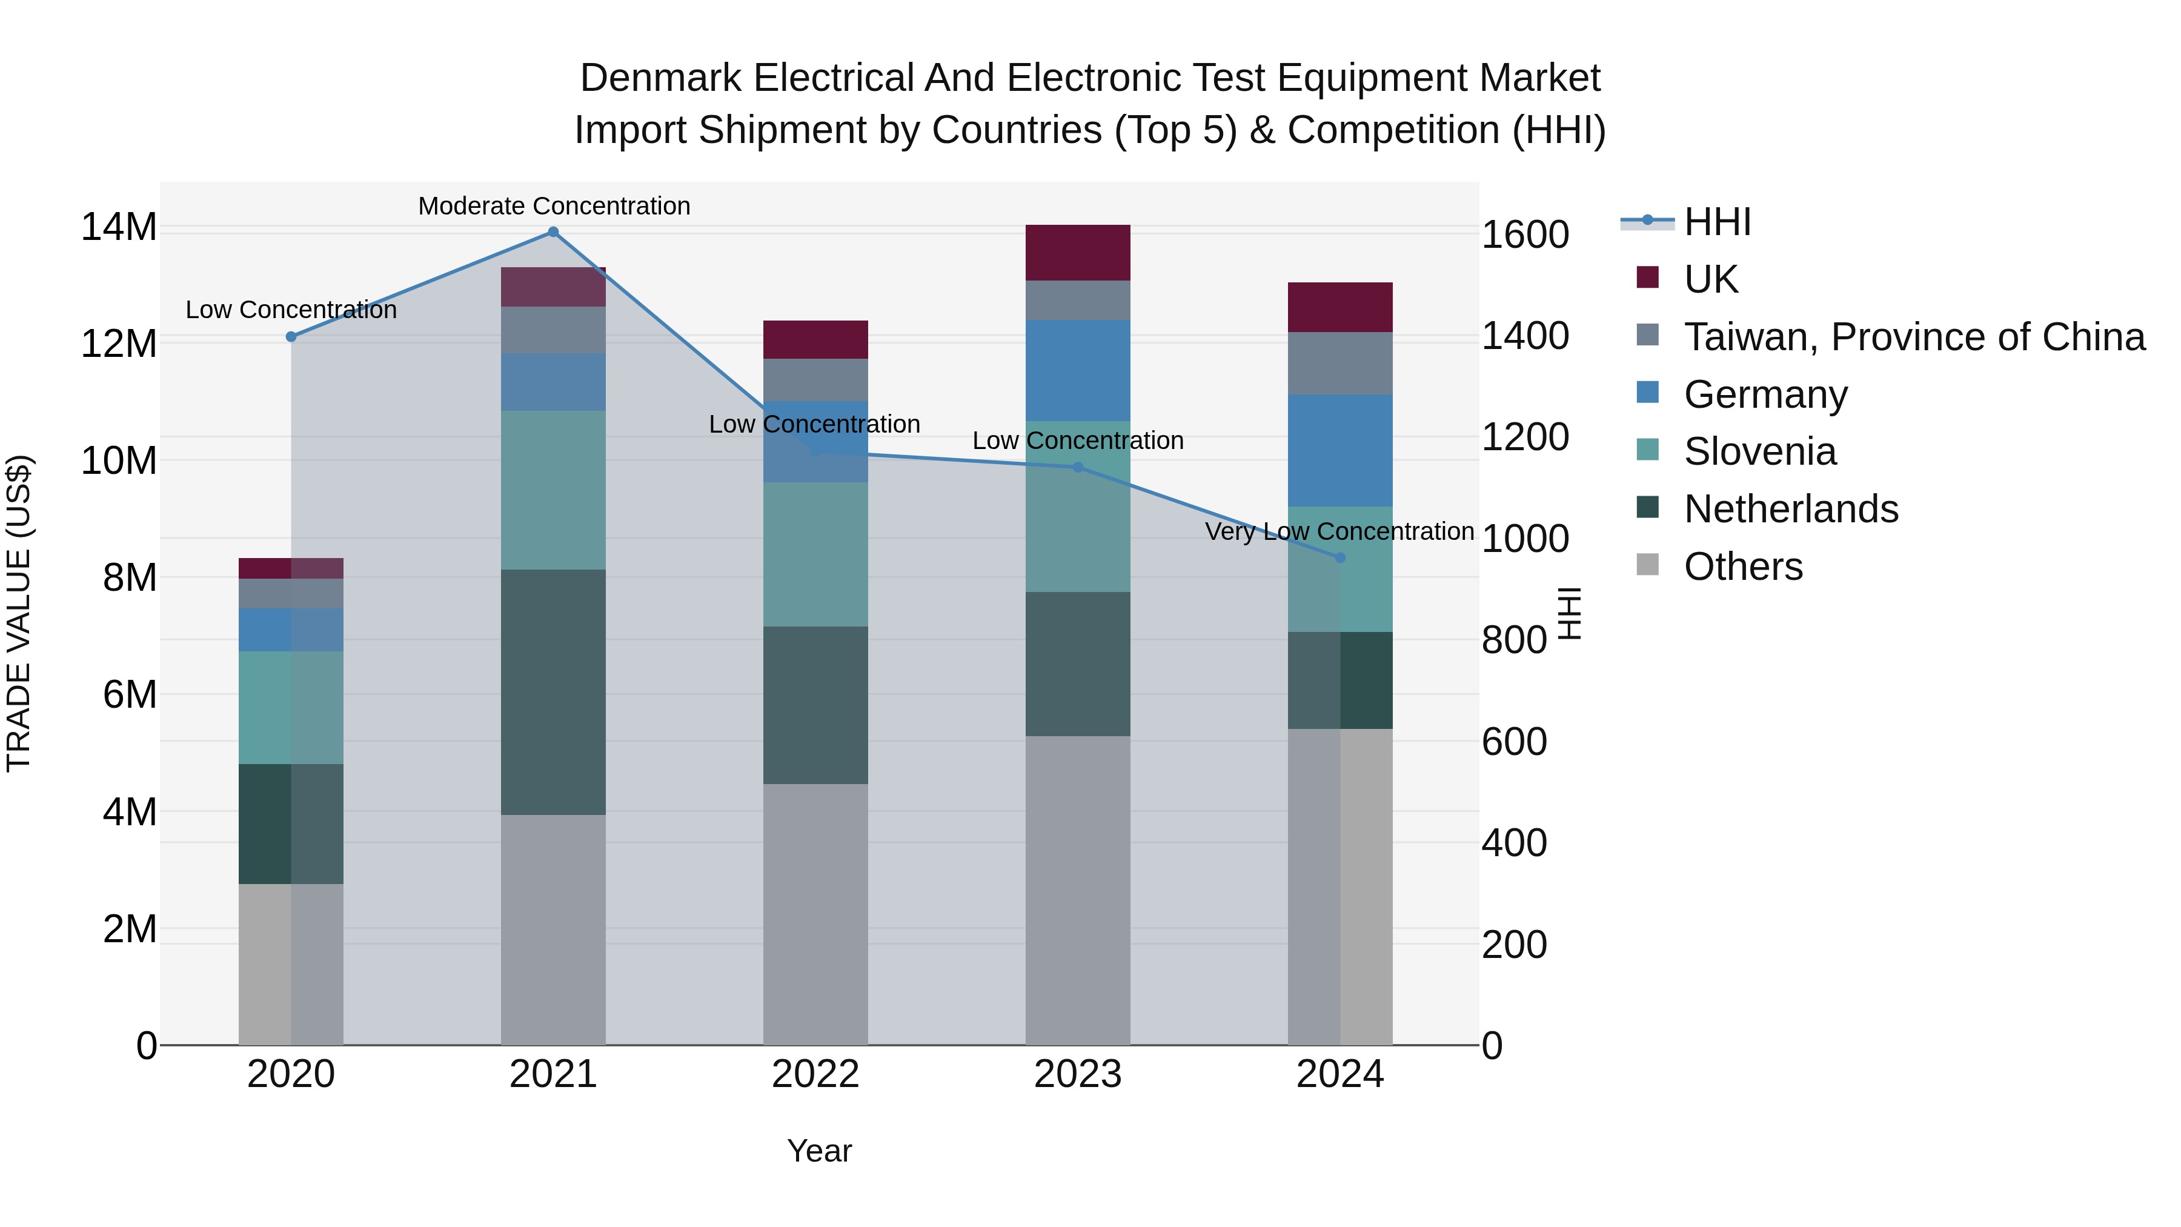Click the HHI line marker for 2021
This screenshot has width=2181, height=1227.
[553, 232]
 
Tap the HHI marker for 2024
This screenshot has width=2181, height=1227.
[1339, 558]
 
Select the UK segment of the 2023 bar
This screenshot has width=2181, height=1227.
[1077, 252]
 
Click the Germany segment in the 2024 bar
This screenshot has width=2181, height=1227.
[1339, 450]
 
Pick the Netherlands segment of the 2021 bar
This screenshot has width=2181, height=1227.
[553, 692]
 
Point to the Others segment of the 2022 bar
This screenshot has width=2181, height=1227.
[815, 914]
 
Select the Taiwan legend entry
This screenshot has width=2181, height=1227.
[1913, 337]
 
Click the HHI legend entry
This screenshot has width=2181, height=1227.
[1716, 222]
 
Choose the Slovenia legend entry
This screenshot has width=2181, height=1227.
[1759, 451]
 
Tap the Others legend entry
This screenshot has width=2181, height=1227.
[1742, 567]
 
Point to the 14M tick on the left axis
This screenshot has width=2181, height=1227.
[119, 227]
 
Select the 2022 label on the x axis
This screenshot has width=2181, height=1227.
[815, 1074]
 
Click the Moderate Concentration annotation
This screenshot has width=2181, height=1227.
[554, 206]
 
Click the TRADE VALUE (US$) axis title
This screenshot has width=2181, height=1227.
[19, 613]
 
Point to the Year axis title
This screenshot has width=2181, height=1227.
[818, 1151]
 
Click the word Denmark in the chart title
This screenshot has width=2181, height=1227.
[660, 78]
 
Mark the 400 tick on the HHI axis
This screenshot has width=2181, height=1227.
[1514, 843]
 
